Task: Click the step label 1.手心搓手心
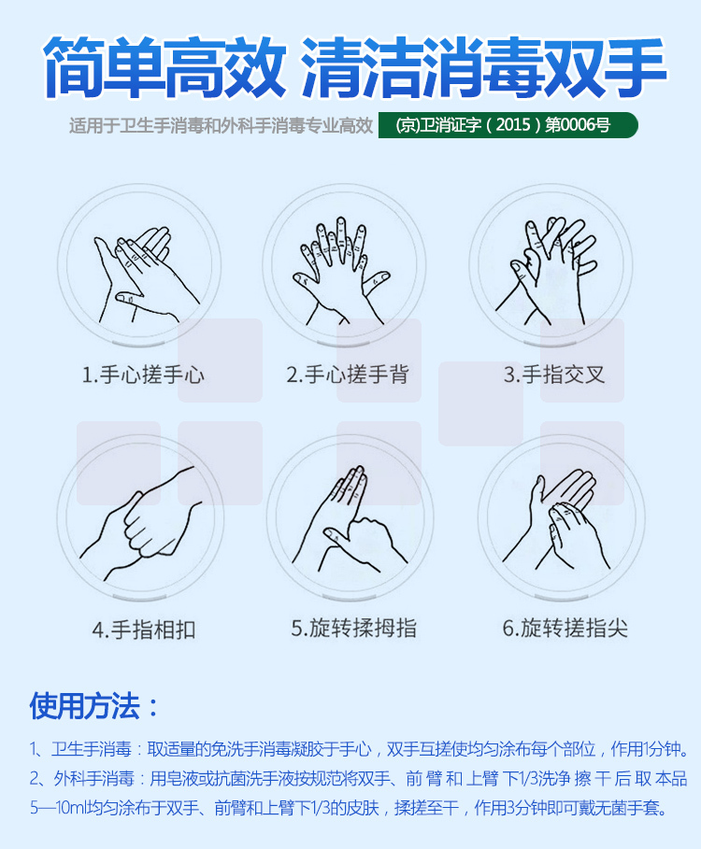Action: tap(143, 375)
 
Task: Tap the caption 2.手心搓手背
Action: tap(348, 375)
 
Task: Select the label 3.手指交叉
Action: tap(553, 375)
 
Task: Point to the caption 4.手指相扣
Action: tap(144, 630)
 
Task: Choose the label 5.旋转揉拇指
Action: tap(353, 628)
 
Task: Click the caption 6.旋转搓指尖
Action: tap(565, 628)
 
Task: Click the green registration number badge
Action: tap(508, 125)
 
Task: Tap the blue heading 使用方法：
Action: tap(94, 705)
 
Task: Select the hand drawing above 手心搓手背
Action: tap(341, 271)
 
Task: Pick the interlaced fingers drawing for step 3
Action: tap(546, 271)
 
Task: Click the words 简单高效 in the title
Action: tap(165, 67)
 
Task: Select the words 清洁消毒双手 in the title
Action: tap(483, 67)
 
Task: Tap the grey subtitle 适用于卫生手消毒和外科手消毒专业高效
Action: tap(221, 125)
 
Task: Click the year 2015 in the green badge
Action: tap(513, 125)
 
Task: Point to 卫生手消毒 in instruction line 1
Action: tap(92, 749)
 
